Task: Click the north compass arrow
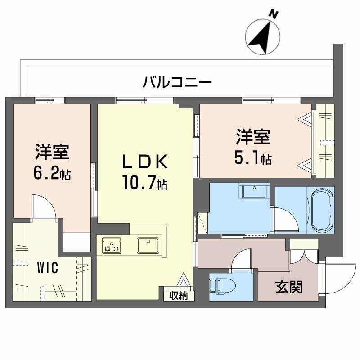(x=263, y=37)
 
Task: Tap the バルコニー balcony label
(x=177, y=82)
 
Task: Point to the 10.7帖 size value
(x=144, y=183)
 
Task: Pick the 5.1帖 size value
(x=252, y=158)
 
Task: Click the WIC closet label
(x=47, y=269)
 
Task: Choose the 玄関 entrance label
(x=288, y=286)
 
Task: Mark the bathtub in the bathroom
(x=321, y=209)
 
